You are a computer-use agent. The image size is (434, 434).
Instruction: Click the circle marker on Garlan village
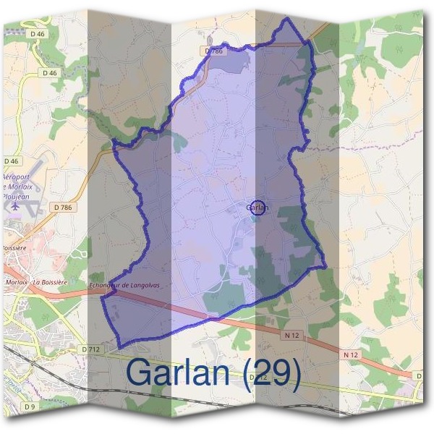click(x=258, y=207)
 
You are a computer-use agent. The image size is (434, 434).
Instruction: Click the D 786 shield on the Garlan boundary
click(x=213, y=51)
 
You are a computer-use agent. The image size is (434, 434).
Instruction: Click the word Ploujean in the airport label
click(x=16, y=195)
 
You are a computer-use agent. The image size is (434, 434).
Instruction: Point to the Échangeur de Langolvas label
click(x=124, y=285)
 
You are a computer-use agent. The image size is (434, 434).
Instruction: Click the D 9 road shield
click(x=30, y=407)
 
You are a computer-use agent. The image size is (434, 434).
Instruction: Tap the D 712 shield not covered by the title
click(x=90, y=349)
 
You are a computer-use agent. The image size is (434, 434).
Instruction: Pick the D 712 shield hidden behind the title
click(x=258, y=378)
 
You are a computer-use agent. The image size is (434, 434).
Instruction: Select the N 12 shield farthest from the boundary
click(x=351, y=354)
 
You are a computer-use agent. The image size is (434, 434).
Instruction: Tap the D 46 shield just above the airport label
click(x=11, y=161)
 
